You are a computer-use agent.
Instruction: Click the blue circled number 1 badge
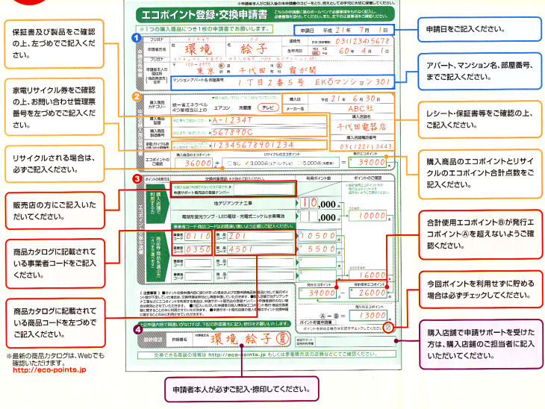tap(135, 37)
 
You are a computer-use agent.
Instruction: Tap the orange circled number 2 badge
tap(135, 96)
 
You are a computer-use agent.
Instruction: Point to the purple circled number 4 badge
tap(135, 328)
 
